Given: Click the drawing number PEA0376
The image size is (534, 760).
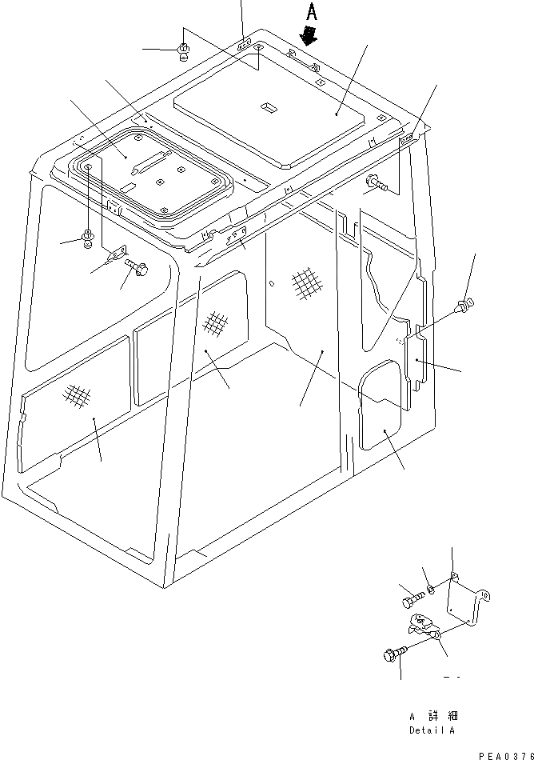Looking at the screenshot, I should coord(506,754).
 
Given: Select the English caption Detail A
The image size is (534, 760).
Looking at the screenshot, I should coord(432,730).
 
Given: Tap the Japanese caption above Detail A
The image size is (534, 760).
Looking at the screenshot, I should coord(432,717).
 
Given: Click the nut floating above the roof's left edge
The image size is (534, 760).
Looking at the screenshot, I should coord(183,52).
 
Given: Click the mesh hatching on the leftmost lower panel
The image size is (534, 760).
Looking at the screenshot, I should coord(76,394).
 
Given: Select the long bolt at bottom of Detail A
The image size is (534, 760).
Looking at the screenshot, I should coord(393,654).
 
